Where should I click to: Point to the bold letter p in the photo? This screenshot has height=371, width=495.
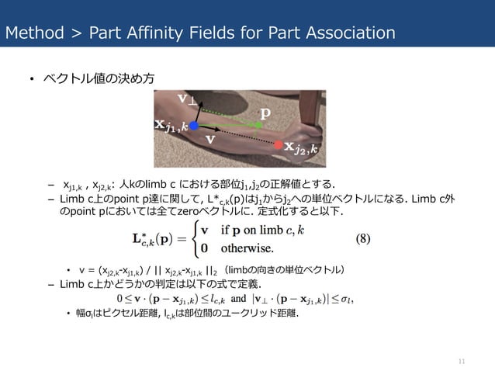click(265, 113)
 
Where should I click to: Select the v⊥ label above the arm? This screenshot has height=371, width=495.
click(189, 99)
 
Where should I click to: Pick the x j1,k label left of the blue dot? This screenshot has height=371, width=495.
click(171, 126)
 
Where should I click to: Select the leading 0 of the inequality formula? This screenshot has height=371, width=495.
click(119, 297)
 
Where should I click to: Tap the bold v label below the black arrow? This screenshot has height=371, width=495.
click(209, 140)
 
